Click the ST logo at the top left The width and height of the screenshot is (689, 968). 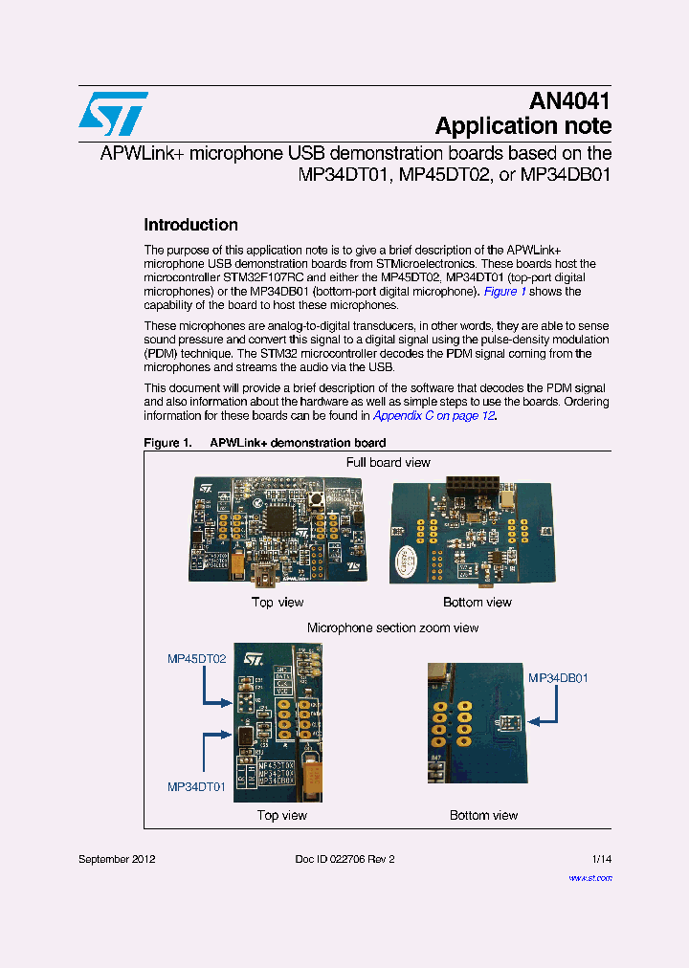tap(113, 114)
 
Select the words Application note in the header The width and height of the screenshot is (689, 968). tap(522, 126)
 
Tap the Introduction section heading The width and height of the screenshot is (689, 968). tap(190, 226)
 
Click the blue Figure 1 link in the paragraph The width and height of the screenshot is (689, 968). tap(505, 292)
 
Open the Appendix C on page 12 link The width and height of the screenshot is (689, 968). tap(433, 416)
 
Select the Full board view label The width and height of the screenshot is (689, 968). tap(388, 463)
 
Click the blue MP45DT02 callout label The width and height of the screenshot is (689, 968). tap(197, 659)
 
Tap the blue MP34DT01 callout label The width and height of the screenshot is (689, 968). tap(197, 787)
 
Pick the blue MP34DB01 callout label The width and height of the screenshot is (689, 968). tap(558, 678)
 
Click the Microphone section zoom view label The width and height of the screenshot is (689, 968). tap(392, 628)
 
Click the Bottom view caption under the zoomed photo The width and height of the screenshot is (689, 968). tap(483, 816)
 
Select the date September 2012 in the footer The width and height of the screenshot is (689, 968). tap(117, 859)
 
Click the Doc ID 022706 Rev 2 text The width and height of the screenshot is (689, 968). tap(344, 859)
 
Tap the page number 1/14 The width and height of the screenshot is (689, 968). tap(601, 859)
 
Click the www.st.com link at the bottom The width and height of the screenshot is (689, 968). tap(589, 877)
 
